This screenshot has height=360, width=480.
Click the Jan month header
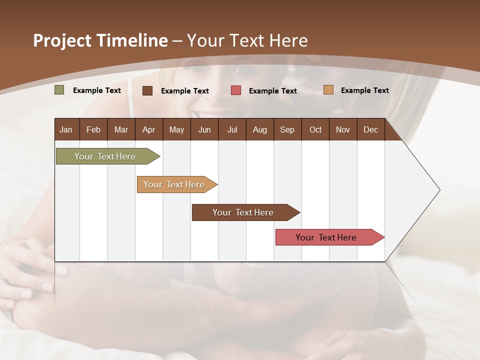[66, 129]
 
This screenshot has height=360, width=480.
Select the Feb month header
[93, 129]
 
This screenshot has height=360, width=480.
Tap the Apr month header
[148, 129]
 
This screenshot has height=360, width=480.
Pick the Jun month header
[204, 129]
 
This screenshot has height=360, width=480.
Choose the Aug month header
[259, 129]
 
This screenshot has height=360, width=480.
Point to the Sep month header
[287, 129]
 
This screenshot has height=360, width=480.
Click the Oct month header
[315, 129]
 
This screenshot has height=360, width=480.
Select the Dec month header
[370, 129]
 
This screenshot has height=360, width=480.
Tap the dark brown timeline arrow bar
[243, 212]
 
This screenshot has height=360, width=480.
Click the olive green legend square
[59, 90]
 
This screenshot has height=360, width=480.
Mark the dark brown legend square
[147, 90]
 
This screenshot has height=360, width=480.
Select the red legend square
[236, 90]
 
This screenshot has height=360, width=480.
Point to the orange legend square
[328, 90]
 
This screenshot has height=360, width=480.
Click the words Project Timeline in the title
[100, 40]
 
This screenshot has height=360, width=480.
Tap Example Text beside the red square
[273, 91]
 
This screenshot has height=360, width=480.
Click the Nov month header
[343, 129]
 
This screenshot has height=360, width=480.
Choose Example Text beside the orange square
[365, 90]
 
